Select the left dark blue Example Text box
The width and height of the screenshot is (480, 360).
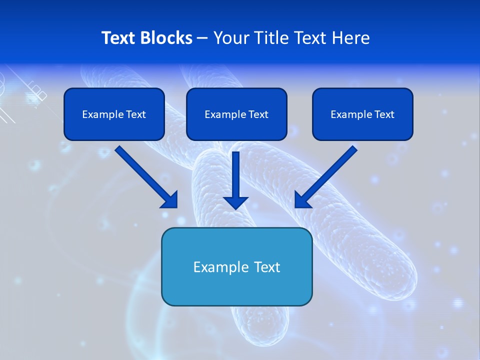(114, 114)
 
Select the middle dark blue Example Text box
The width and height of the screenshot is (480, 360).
(236, 114)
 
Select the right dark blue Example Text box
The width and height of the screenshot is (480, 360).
(362, 114)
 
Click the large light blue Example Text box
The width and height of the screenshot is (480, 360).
(236, 267)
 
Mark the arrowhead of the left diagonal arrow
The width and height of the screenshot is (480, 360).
(170, 200)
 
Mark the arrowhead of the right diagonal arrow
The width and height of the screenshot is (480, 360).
(302, 199)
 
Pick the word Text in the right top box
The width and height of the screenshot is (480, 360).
(383, 114)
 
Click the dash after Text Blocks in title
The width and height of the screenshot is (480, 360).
(202, 38)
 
